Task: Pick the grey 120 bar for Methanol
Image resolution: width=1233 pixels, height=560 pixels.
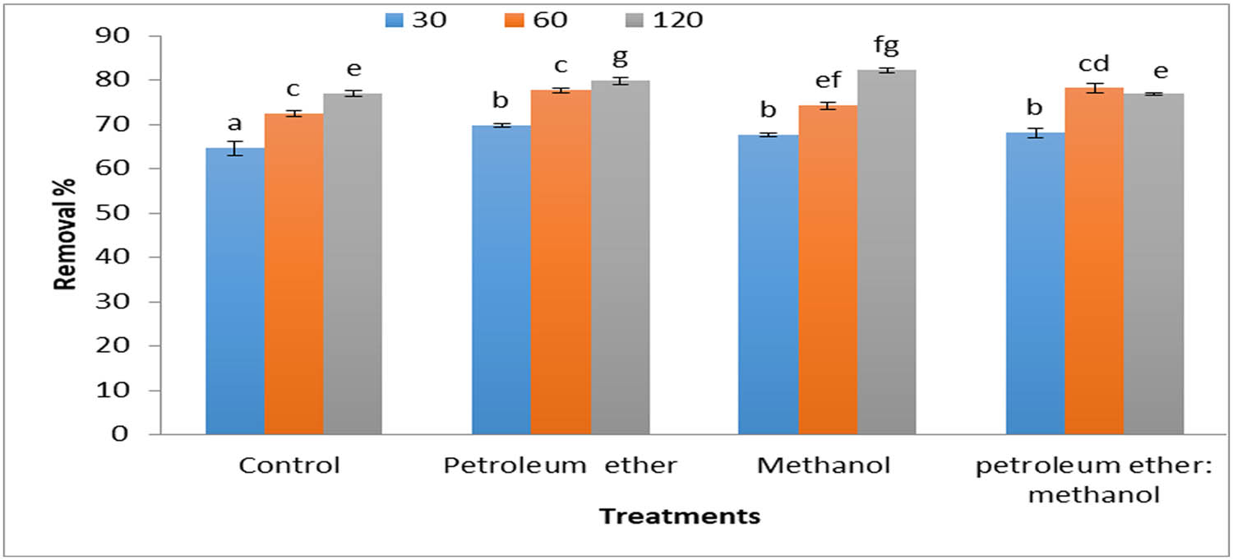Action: [886, 252]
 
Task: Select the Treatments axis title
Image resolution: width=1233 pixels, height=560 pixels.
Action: [679, 517]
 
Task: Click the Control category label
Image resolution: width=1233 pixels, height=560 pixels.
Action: [289, 466]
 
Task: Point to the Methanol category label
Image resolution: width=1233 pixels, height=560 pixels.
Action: [824, 466]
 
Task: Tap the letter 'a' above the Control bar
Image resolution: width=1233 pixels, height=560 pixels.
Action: [235, 123]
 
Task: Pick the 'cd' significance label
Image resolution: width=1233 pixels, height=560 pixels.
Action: [1094, 64]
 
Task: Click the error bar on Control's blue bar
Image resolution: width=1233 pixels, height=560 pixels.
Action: [235, 148]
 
